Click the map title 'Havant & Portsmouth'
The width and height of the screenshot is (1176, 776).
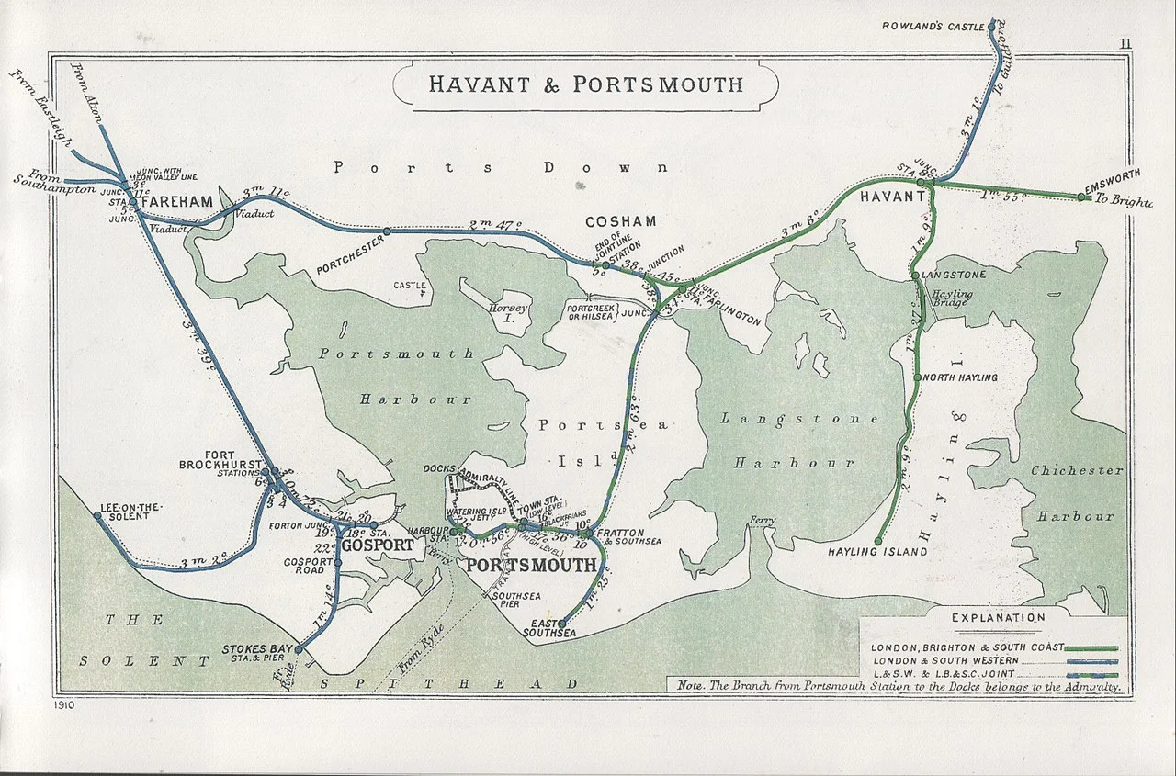(585, 85)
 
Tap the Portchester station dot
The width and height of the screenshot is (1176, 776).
(387, 231)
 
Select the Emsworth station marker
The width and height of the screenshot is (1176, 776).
(1081, 197)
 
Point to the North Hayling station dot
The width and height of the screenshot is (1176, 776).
(917, 377)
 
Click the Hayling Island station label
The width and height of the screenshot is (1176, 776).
(877, 552)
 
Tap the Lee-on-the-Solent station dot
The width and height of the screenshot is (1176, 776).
(97, 516)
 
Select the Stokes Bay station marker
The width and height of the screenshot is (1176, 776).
(298, 649)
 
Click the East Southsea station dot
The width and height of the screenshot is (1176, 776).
(561, 624)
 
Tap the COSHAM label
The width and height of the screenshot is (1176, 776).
(621, 221)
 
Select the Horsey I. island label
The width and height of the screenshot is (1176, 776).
(509, 309)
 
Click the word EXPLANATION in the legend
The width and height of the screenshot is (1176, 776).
(998, 618)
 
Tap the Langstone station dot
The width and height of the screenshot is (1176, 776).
(915, 276)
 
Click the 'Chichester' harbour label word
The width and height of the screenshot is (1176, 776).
(1077, 470)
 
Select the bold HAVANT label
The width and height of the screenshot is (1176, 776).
(892, 197)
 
